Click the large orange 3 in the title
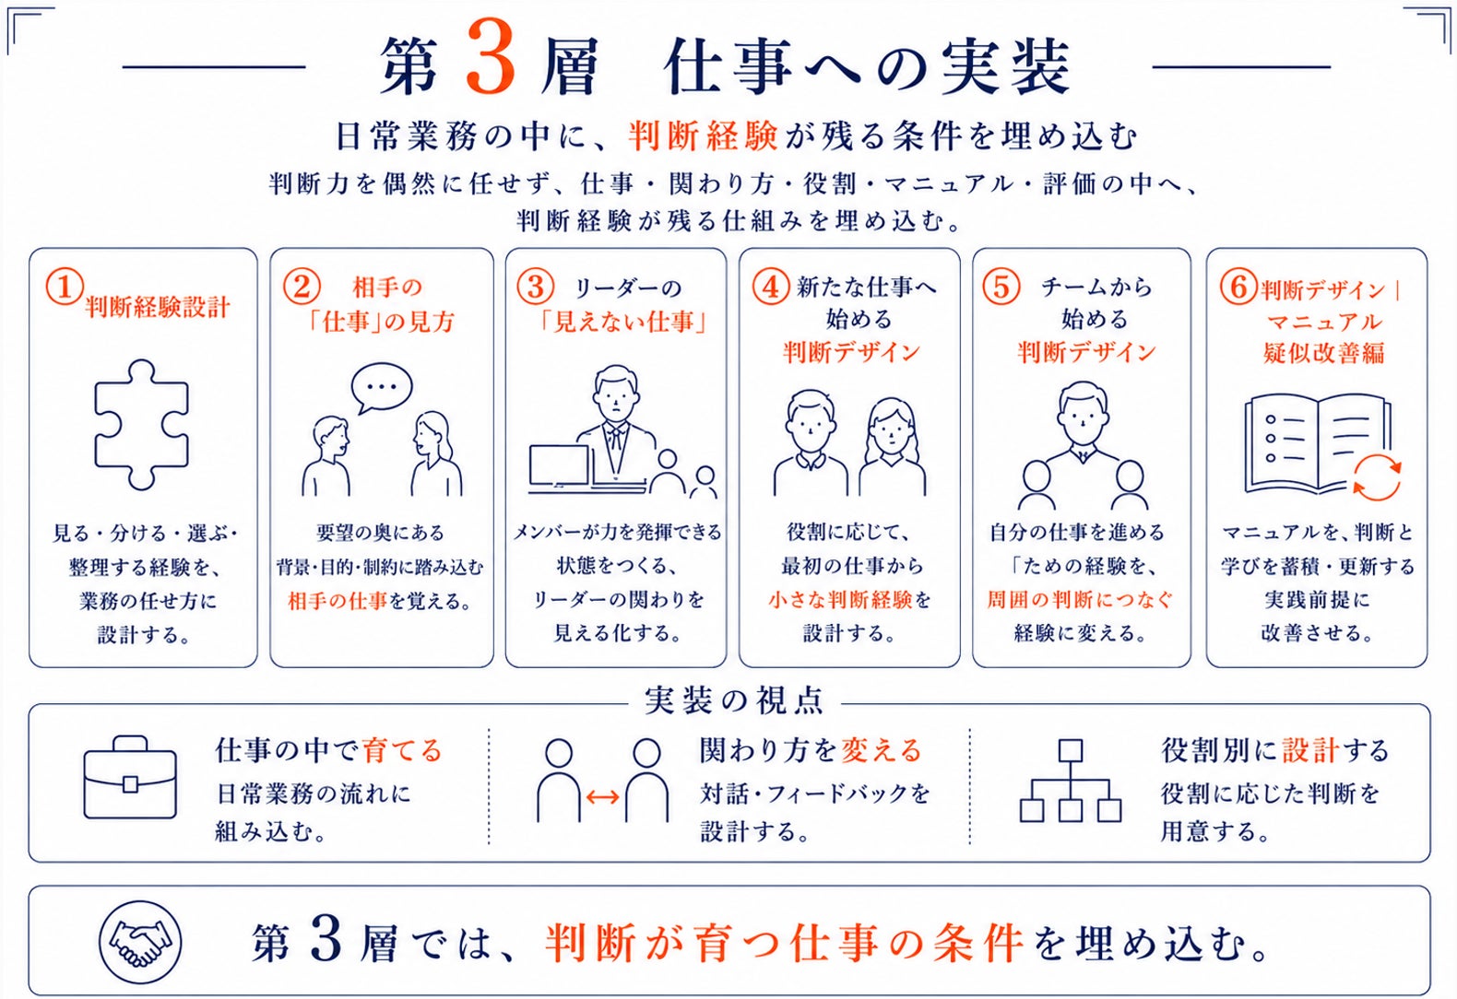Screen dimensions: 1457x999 click(492, 56)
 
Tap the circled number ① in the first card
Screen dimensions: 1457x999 click(65, 287)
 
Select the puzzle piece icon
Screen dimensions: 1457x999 click(142, 425)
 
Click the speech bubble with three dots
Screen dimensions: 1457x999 click(382, 388)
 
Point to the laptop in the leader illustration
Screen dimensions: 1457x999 click(560, 467)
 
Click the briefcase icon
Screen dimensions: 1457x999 click(130, 778)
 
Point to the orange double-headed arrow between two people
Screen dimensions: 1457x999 click(602, 797)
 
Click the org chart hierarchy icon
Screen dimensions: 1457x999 click(1070, 781)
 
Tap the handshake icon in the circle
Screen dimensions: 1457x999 click(140, 942)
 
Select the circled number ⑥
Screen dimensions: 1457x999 click(1238, 287)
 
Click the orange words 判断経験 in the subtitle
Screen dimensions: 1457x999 click(703, 136)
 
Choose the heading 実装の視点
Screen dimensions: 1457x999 click(734, 701)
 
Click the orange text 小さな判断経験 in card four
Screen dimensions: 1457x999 click(840, 599)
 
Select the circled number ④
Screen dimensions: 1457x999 click(771, 287)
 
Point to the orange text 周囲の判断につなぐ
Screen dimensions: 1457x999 click(1080, 599)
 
